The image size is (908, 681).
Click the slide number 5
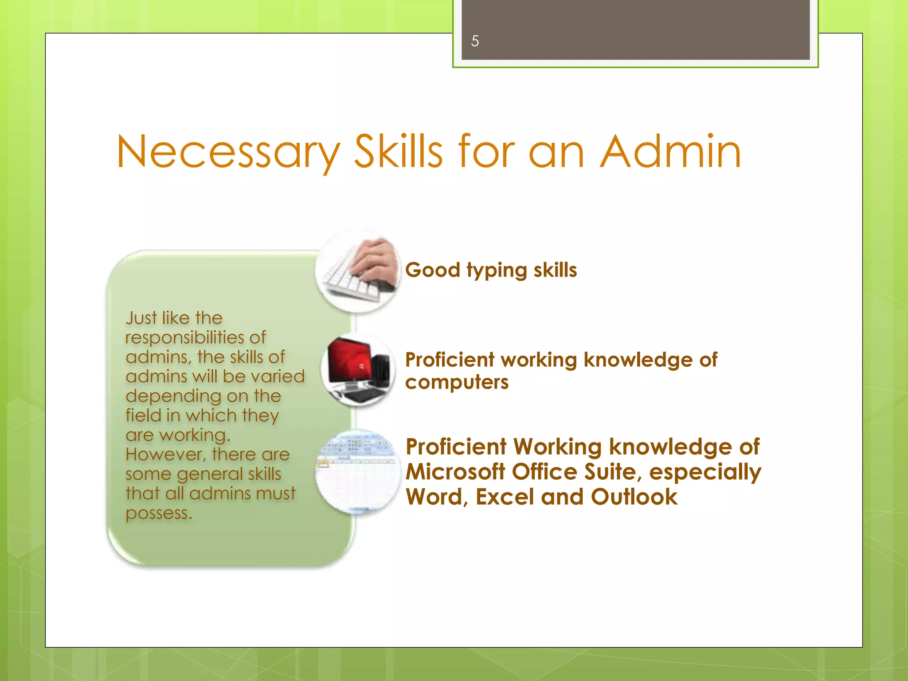click(475, 41)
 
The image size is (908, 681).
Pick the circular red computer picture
click(358, 370)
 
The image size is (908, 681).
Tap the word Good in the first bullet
click(433, 270)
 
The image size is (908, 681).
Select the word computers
click(457, 382)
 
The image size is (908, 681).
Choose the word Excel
click(505, 497)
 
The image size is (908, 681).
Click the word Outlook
click(634, 497)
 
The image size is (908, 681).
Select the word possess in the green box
click(159, 513)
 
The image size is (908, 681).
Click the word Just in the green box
click(141, 318)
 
